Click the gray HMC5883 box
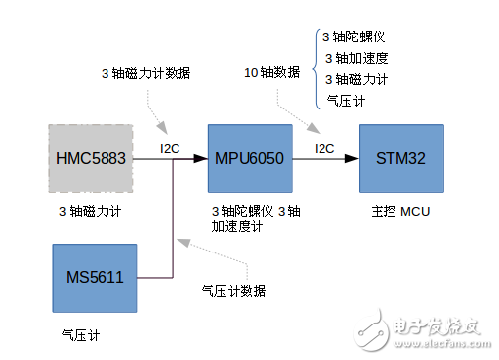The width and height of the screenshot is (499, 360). point(91,158)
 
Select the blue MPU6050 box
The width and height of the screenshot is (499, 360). point(250,158)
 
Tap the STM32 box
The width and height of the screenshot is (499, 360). point(399,158)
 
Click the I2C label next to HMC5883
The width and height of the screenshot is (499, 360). point(170,149)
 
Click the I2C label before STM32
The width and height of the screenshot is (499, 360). point(324,149)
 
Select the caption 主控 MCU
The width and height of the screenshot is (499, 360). point(401,211)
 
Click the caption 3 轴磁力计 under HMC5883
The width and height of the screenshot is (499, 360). point(91,211)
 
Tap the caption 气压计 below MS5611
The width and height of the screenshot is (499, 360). point(81,335)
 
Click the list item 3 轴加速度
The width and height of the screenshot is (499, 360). point(354,58)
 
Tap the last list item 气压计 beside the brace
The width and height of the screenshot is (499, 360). point(346,100)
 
